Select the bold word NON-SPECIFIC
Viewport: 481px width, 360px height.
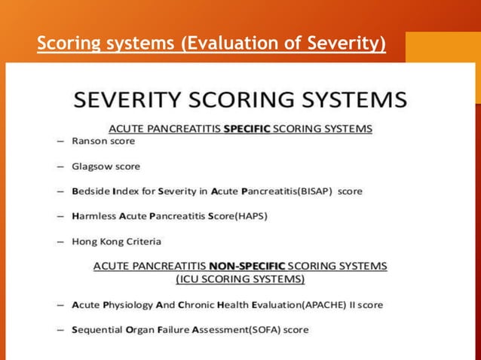(239, 266)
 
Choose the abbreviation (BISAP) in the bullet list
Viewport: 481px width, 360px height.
(316, 191)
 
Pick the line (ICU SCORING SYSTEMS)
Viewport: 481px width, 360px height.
(240, 279)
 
